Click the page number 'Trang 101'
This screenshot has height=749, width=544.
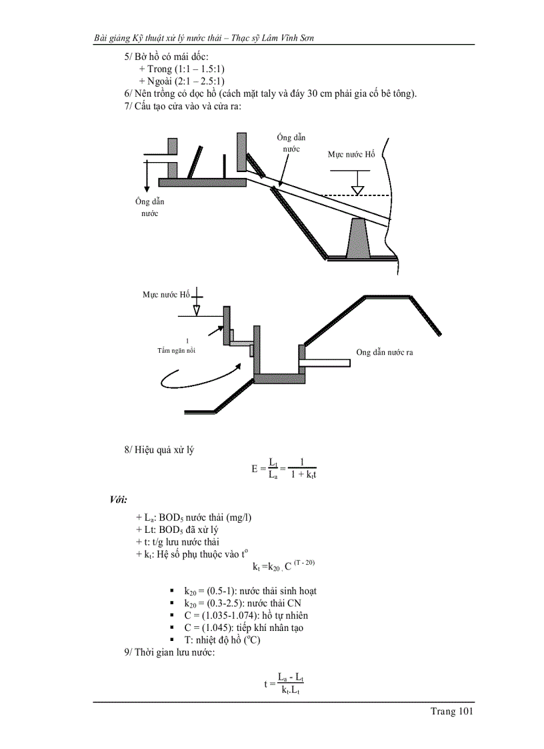coord(451,712)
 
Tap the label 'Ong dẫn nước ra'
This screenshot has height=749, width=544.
coord(384,352)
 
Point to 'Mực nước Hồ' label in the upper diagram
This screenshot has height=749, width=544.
coord(351,154)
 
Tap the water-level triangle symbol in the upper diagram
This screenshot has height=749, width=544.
coord(358,191)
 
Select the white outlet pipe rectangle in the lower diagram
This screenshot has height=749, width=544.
coord(327,363)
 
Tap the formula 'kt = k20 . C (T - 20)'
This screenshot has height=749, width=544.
coord(283,566)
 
